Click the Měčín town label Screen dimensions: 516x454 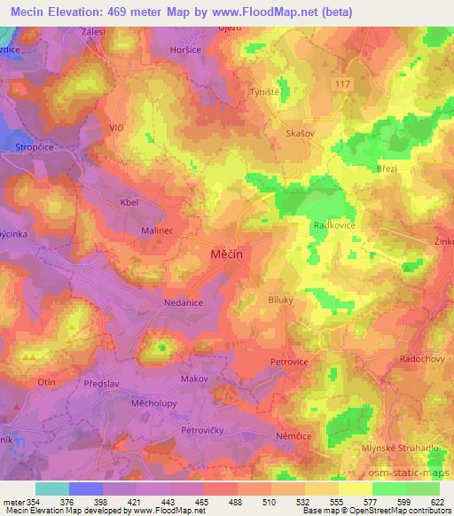click(226, 254)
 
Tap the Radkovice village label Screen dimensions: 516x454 click(333, 225)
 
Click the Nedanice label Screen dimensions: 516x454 click(159, 302)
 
